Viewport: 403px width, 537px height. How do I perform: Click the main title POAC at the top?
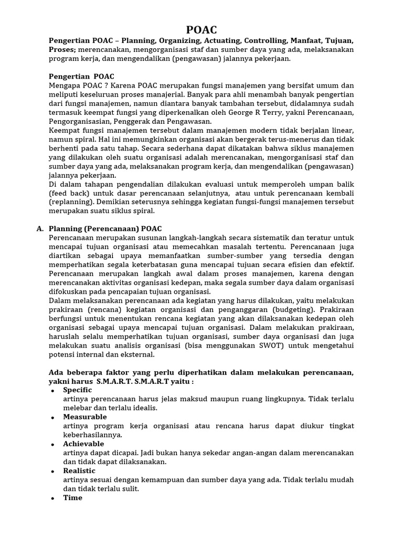click(201, 30)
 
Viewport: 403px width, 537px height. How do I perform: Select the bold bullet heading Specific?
click(77, 390)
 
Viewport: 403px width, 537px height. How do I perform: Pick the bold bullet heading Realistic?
click(79, 471)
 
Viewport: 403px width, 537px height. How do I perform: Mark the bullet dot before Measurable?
click(53, 417)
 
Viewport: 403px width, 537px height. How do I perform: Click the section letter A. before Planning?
click(40, 229)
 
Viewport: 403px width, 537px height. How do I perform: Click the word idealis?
click(145, 407)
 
